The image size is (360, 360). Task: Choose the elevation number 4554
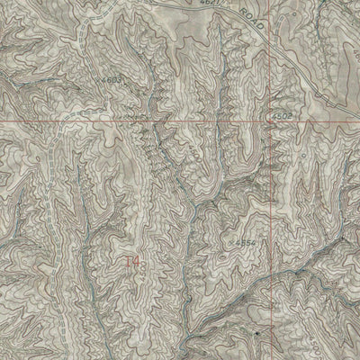244,242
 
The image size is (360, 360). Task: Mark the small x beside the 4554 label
231,240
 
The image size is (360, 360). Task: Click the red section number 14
132,262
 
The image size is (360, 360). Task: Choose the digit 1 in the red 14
128,262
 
